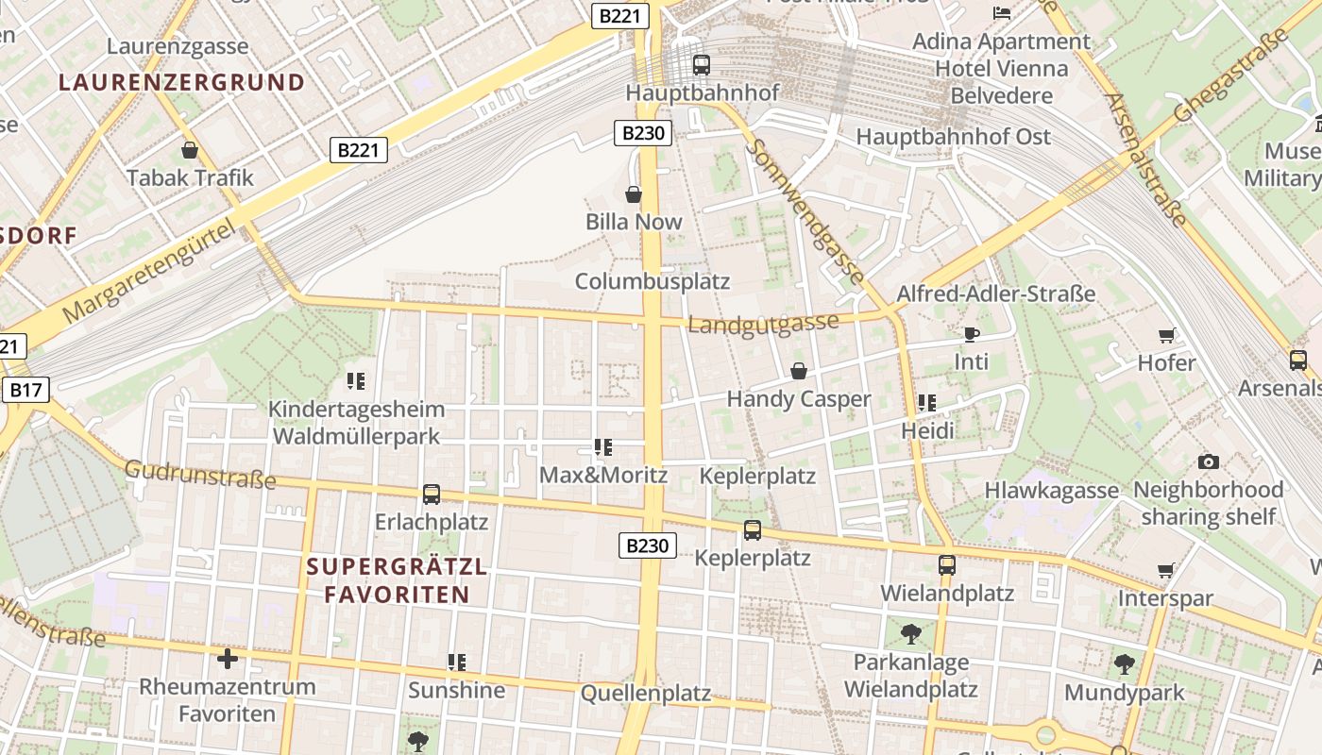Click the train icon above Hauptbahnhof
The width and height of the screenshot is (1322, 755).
701,65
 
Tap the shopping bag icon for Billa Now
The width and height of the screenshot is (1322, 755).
634,194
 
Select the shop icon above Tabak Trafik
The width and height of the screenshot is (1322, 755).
190,150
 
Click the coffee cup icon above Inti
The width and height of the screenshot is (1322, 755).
971,334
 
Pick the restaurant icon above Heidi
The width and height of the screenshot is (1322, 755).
927,403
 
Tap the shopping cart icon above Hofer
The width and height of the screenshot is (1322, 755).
1167,335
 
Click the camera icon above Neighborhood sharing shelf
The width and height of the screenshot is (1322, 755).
1208,461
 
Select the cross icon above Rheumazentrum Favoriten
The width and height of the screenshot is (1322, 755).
227,658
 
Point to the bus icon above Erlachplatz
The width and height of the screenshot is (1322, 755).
432,494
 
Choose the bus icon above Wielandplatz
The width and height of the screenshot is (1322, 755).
946,565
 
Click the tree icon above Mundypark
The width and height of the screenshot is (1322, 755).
1124,664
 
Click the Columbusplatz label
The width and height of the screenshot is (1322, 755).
653,281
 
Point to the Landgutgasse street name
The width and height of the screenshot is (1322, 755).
763,324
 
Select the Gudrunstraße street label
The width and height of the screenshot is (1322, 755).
200,475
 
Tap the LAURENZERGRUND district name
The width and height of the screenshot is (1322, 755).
181,82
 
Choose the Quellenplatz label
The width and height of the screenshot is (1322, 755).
646,694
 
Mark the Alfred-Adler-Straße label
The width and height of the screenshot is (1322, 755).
995,294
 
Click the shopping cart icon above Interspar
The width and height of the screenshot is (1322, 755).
1166,570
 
